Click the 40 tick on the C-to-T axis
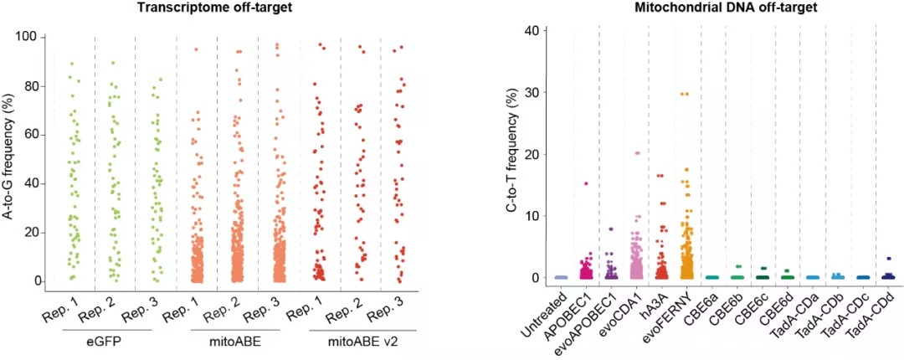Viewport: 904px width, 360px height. pos(537,30)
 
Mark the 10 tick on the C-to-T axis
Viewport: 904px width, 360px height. pos(537,216)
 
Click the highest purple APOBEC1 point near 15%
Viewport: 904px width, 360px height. pos(586,183)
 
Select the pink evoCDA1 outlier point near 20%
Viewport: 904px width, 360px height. pos(637,153)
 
